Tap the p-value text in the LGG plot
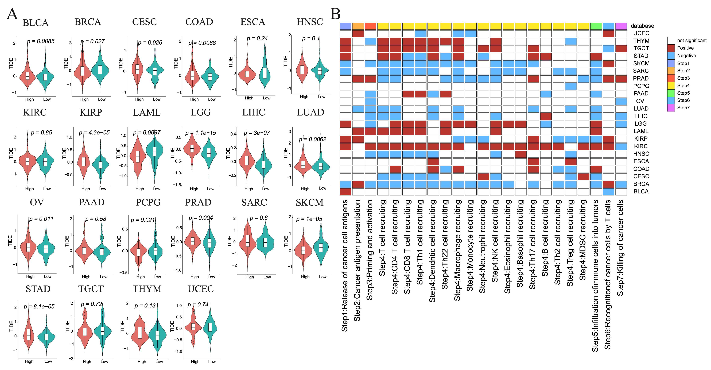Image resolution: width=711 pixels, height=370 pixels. (201, 133)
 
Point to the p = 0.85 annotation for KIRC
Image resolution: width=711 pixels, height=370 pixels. (41, 133)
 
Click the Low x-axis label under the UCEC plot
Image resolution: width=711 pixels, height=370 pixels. (212, 361)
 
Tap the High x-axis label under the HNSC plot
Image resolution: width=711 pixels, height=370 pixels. (304, 97)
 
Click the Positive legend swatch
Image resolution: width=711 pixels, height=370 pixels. (671, 48)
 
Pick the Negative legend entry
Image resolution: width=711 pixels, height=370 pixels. (686, 56)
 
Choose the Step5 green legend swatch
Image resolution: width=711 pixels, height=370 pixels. (671, 93)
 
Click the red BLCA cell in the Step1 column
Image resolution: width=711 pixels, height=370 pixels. (345, 192)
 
